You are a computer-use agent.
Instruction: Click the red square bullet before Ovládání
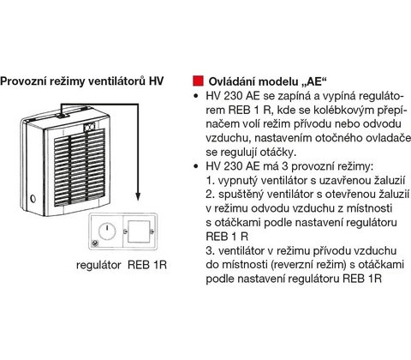coord(198,81)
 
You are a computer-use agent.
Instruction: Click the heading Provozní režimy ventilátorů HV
coord(82,81)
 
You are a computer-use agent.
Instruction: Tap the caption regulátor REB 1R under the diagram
coord(122,265)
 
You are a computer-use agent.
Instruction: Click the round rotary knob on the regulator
coord(107,231)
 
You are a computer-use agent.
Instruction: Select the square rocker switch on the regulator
coord(139,231)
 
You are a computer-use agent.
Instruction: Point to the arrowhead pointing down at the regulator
coord(138,196)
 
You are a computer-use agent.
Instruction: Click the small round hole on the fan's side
coord(33,198)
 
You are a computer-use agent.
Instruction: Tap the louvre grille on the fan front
coord(80,165)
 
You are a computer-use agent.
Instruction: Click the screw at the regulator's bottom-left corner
coord(95,243)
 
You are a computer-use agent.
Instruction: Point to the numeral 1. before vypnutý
coord(210,181)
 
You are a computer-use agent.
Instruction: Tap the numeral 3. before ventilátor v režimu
coord(211,250)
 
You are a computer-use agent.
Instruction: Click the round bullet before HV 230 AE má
coord(196,166)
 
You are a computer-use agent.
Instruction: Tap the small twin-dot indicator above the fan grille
coord(89,127)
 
